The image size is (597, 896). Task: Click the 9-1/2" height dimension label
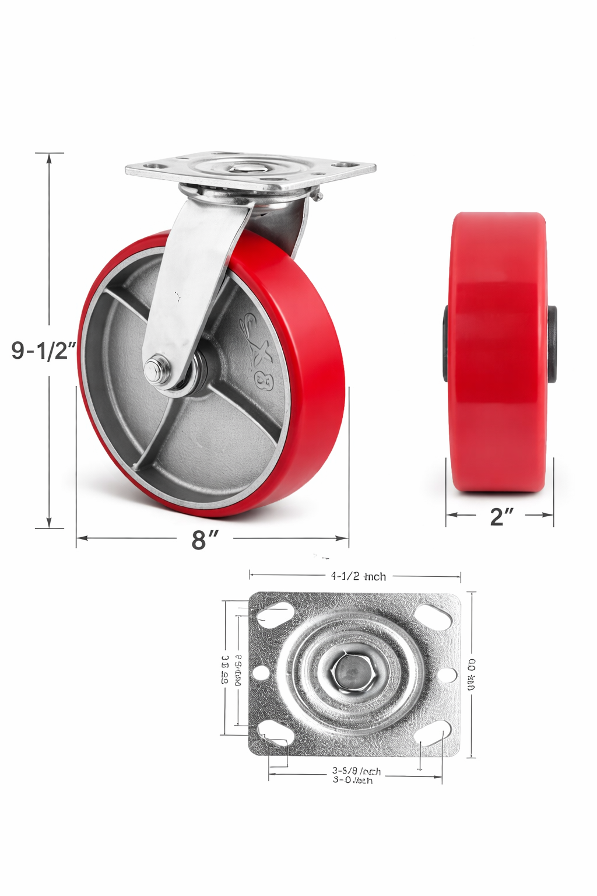coord(44,351)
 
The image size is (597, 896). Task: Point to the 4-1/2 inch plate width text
coord(358,576)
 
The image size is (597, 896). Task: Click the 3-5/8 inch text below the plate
coord(356,771)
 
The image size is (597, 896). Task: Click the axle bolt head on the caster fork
coord(154,370)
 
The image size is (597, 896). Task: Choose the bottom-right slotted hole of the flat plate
coord(434,733)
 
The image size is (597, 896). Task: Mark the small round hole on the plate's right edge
coord(447,675)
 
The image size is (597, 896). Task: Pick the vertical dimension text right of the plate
coord(471,675)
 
